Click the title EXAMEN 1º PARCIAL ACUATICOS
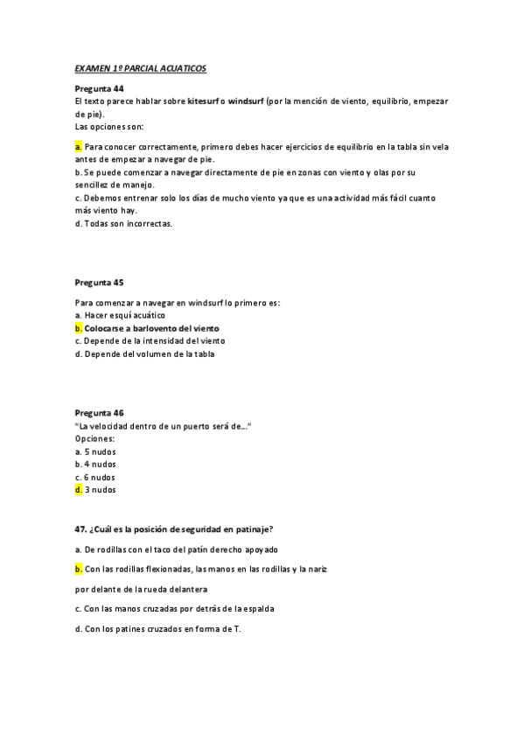coord(140,67)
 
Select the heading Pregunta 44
coord(99,89)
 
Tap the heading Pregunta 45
coord(99,283)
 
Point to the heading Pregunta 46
coord(99,412)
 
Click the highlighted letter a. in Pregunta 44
coord(79,147)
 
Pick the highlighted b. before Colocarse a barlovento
coord(79,327)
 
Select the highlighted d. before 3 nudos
coord(79,490)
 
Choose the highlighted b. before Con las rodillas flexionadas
coord(79,569)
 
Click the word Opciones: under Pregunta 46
coord(95,437)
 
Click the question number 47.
coord(80,528)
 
